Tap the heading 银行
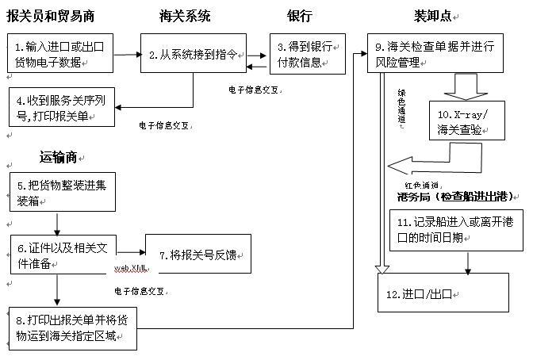(301, 16)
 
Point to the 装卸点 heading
(433, 16)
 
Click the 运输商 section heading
(58, 157)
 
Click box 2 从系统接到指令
(191, 55)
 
